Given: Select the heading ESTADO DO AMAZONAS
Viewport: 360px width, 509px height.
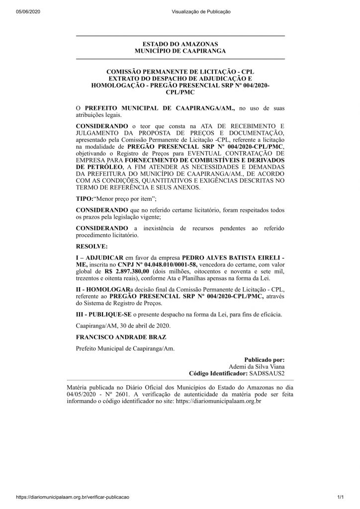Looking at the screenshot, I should pyautogui.click(x=180, y=44).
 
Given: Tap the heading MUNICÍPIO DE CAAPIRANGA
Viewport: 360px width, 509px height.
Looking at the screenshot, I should pyautogui.click(x=180, y=51).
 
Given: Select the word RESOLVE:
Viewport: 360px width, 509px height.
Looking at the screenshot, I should pyautogui.click(x=91, y=246).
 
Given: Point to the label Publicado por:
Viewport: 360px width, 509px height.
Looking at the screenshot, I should pyautogui.click(x=265, y=359).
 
